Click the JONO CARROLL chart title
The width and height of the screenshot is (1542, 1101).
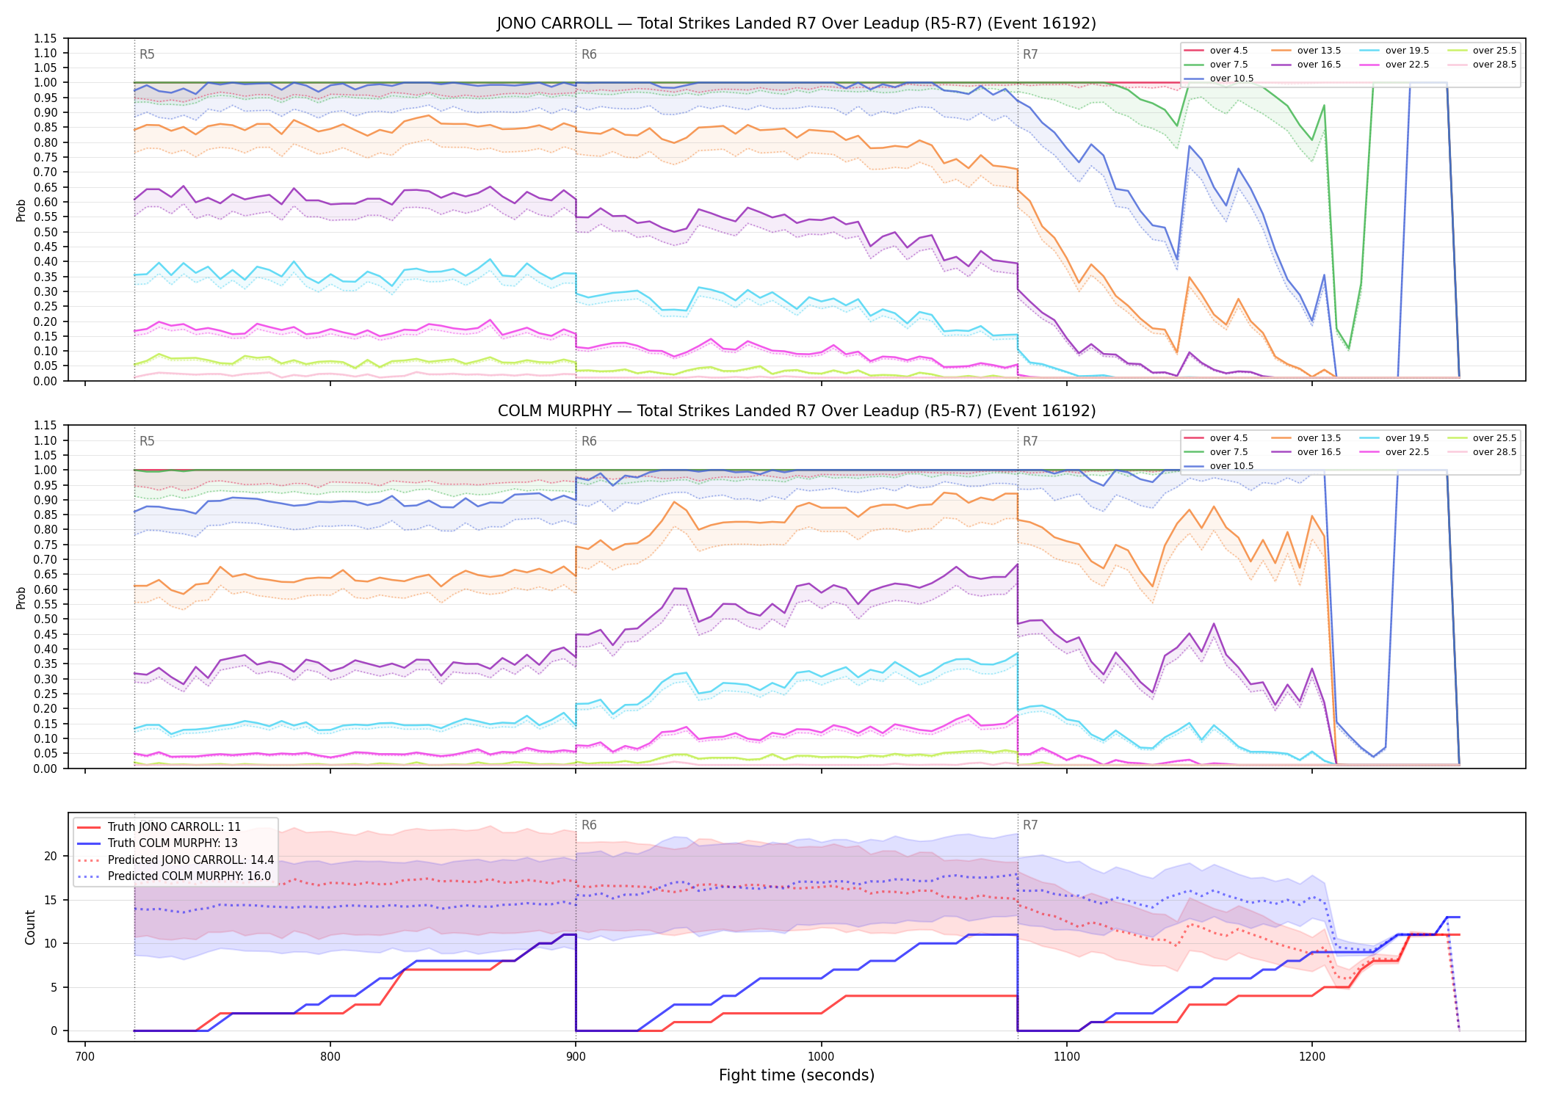796,23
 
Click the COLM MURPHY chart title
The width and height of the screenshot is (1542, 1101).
796,411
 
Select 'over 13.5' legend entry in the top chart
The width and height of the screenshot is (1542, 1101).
1306,51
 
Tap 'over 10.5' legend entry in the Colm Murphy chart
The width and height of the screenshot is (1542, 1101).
1219,466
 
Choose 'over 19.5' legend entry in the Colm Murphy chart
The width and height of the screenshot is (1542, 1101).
1394,438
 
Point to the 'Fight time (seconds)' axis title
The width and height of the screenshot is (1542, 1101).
797,1075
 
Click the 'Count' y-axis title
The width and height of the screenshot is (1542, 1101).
30,927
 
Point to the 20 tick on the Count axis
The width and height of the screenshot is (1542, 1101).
50,856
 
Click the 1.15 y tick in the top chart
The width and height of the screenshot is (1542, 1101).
46,38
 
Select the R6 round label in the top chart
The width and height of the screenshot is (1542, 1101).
589,54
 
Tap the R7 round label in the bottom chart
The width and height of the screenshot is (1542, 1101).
1030,825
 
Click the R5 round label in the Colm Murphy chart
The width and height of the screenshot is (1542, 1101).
147,441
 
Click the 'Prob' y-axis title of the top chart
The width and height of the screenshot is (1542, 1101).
21,210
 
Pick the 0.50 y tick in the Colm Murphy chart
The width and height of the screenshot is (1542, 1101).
46,619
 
